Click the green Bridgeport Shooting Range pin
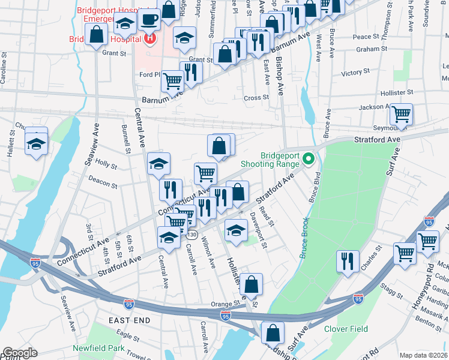(x=309, y=159)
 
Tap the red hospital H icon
(x=149, y=40)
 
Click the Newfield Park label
(x=98, y=348)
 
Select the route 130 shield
(x=191, y=235)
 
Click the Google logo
(x=19, y=353)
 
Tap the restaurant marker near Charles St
(x=348, y=262)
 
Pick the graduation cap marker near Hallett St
(x=37, y=144)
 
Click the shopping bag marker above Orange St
(x=252, y=285)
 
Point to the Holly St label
(x=106, y=164)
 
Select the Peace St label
(x=362, y=37)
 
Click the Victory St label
(x=352, y=73)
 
